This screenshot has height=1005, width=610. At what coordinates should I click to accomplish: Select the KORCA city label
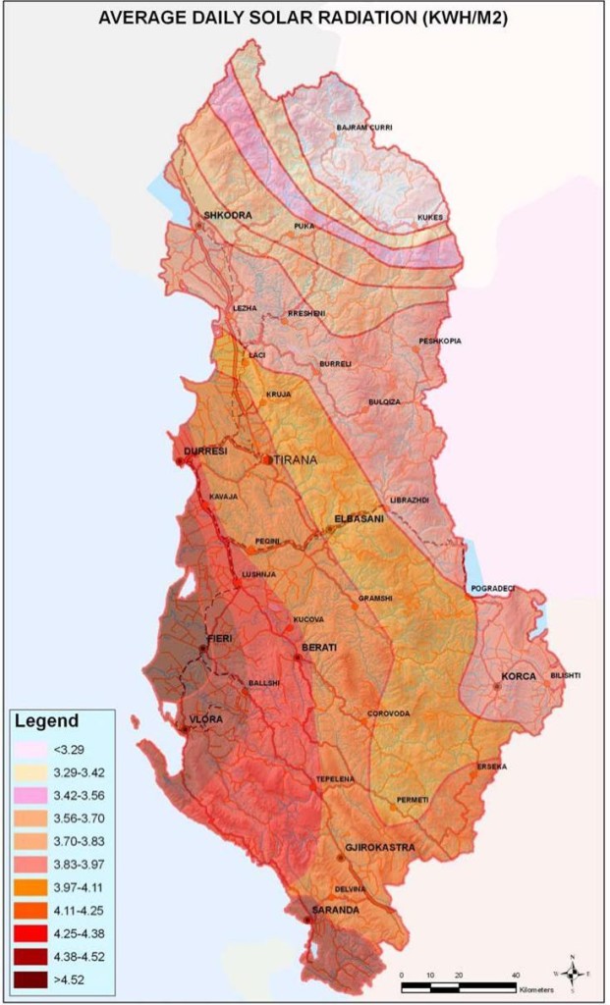[518, 676]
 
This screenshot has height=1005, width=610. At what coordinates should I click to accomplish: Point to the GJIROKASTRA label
[379, 847]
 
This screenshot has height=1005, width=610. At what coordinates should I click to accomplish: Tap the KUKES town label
[430, 217]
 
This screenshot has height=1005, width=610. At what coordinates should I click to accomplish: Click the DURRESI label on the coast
[205, 451]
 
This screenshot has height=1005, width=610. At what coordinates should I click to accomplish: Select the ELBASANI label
[360, 519]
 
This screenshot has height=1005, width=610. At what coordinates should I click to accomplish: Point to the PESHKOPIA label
[439, 341]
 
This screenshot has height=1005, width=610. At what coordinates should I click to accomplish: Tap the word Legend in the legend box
[45, 721]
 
